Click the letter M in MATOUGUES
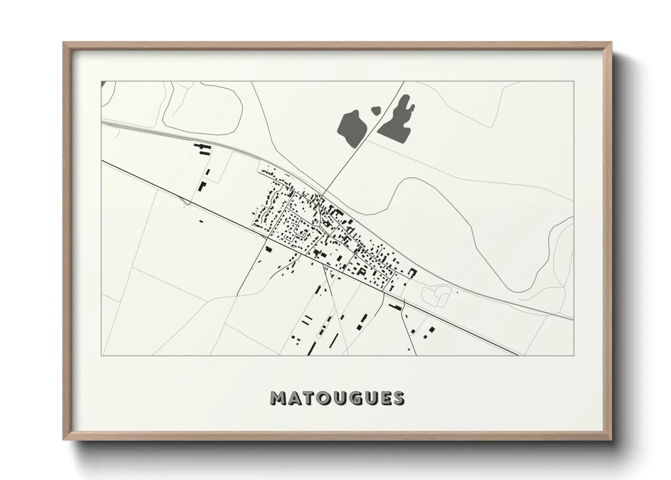277,398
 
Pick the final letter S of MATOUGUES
399,398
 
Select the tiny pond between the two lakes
376,110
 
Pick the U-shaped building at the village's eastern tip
413,272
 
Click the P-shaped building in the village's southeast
362,270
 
